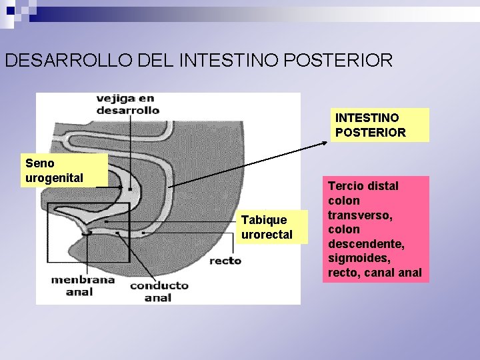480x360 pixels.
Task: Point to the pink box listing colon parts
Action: coord(376,229)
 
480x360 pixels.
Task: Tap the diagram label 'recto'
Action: coord(225,261)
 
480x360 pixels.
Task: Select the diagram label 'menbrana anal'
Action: coord(83,285)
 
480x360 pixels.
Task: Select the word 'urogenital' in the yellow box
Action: coord(54,177)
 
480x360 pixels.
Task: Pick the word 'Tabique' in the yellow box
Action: coord(264,220)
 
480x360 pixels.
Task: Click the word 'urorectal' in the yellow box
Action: coord(267,235)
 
